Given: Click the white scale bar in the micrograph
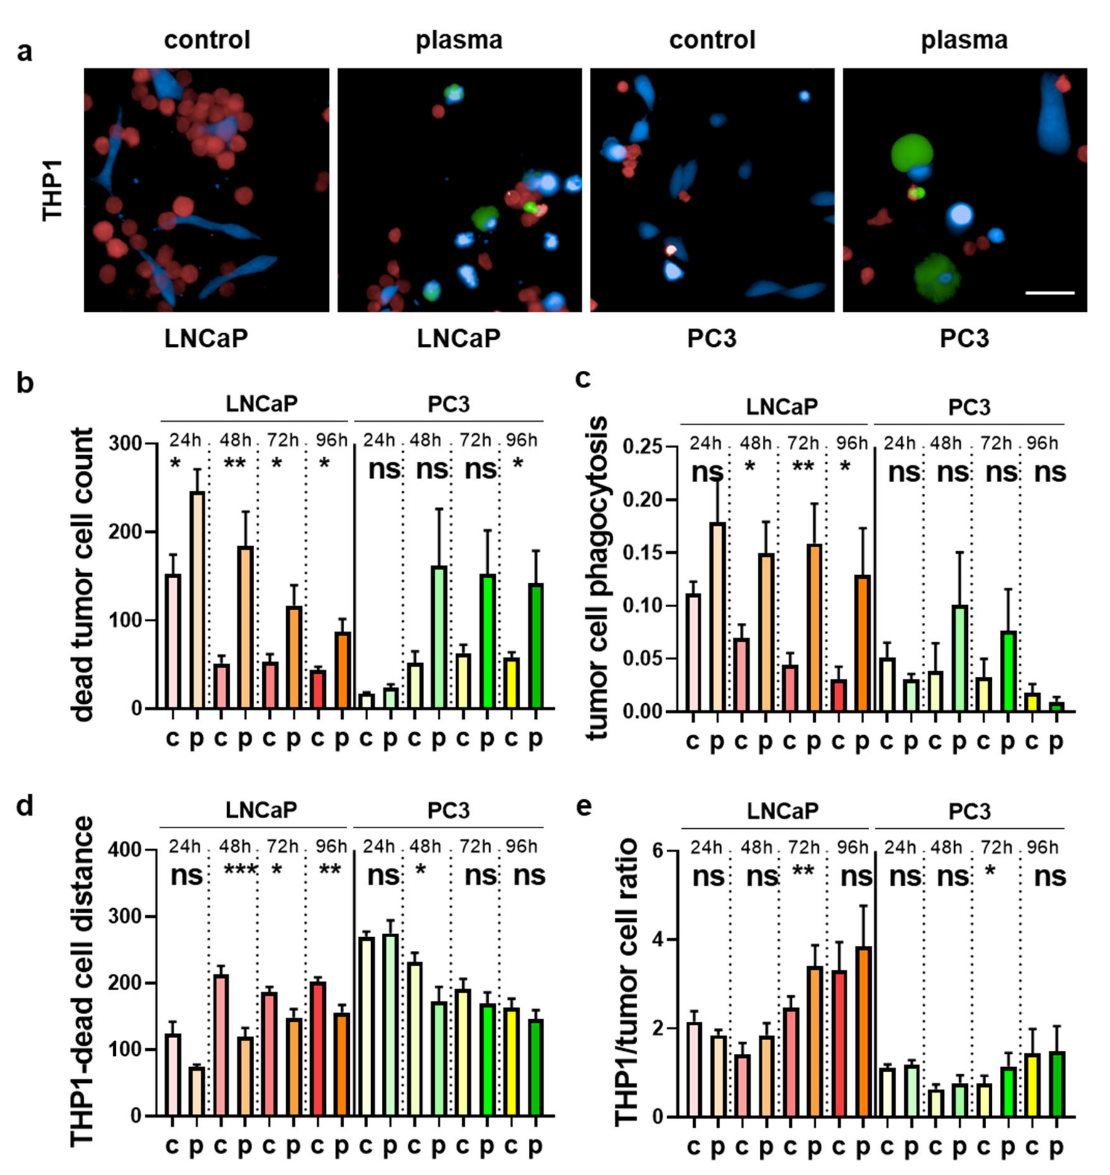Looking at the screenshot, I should pyautogui.click(x=1049, y=292).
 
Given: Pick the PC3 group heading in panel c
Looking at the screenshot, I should pyautogui.click(x=969, y=407).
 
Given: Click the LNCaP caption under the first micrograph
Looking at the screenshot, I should pyautogui.click(x=206, y=338).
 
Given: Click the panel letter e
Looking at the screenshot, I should pyautogui.click(x=583, y=806).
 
